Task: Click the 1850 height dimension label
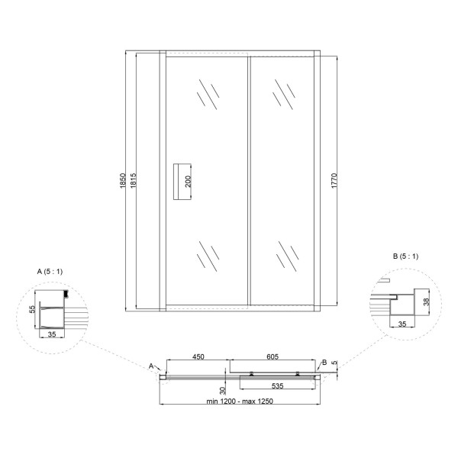pyautogui.click(x=123, y=181)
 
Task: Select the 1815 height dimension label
pyautogui.click(x=133, y=181)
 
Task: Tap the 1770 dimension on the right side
pyautogui.click(x=335, y=181)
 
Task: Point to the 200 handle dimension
pyautogui.click(x=188, y=182)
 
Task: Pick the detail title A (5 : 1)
pyautogui.click(x=50, y=272)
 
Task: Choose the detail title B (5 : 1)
pyautogui.click(x=406, y=256)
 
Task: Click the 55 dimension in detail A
pyautogui.click(x=32, y=309)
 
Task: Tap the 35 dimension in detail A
pyautogui.click(x=52, y=334)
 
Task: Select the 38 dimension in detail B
pyautogui.click(x=427, y=302)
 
